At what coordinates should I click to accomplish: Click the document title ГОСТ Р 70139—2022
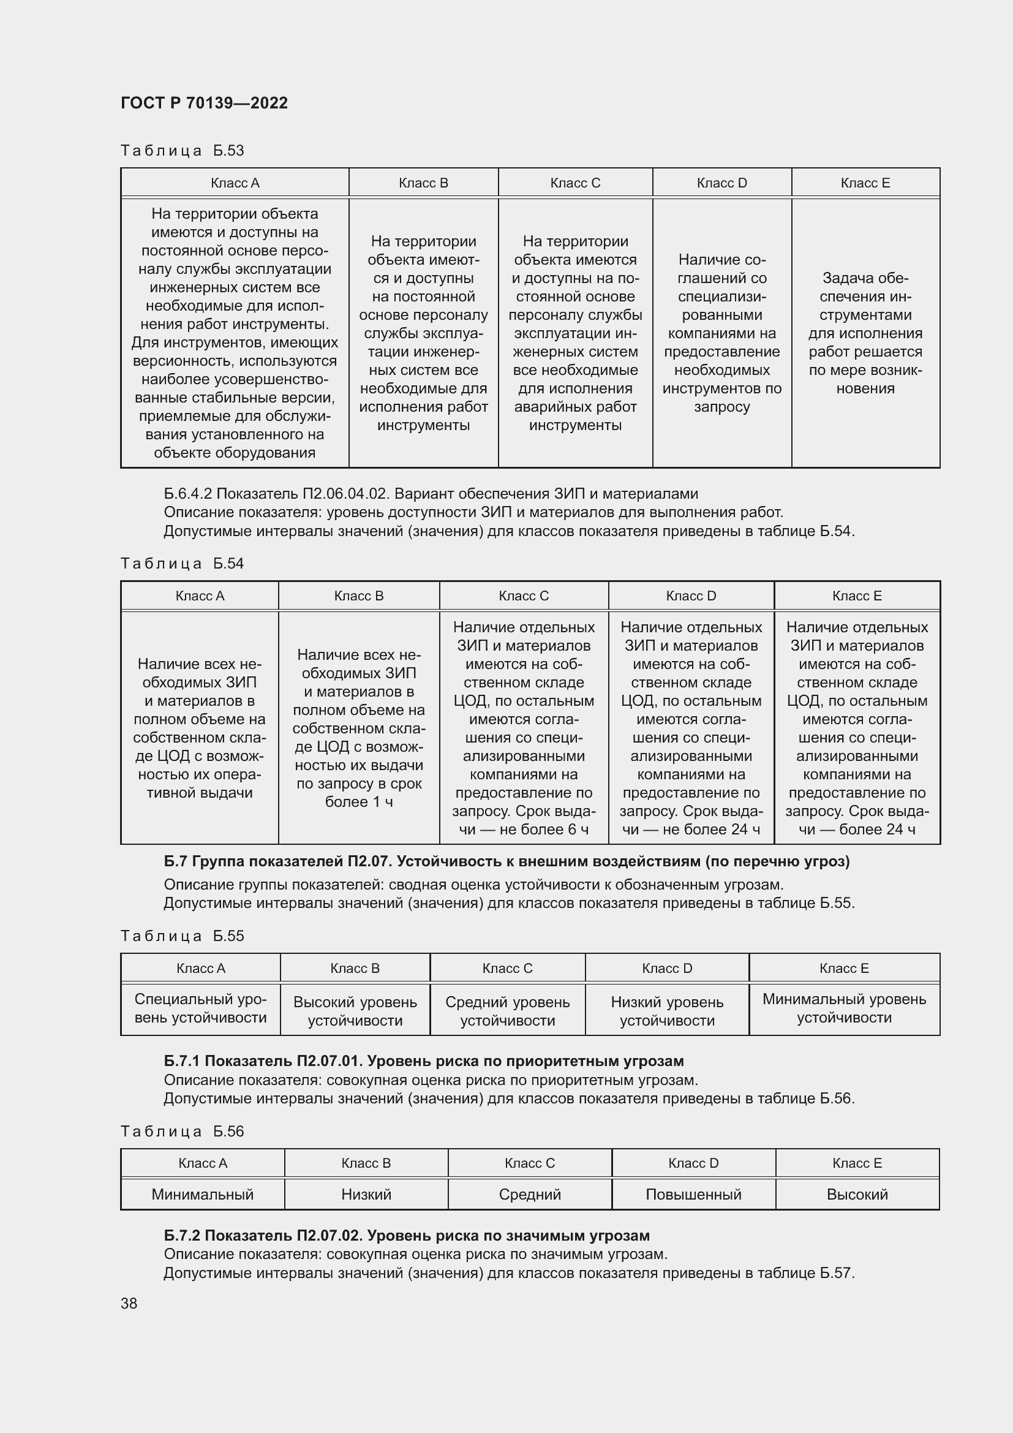(x=204, y=103)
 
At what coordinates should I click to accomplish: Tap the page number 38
(x=129, y=1303)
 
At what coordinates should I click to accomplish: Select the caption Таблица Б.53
(x=182, y=151)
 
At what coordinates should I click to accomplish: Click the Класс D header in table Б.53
(x=721, y=183)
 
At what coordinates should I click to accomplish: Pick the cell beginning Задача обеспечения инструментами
(x=865, y=333)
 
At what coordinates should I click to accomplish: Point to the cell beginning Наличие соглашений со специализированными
(x=721, y=333)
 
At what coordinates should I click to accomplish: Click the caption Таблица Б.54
(x=182, y=564)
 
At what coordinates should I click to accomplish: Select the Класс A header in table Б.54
(x=200, y=596)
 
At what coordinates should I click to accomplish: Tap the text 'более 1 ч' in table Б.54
(x=359, y=802)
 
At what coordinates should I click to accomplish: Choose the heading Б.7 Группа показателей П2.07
(x=506, y=861)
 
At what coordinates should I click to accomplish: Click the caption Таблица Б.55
(x=182, y=936)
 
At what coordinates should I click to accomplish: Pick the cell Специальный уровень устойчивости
(x=200, y=1008)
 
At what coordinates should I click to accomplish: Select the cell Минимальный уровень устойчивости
(x=844, y=1008)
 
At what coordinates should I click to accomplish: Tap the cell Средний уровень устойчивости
(x=507, y=1011)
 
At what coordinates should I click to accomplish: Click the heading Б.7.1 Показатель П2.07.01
(x=424, y=1061)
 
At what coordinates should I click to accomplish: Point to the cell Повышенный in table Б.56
(x=693, y=1195)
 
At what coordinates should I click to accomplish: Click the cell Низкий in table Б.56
(x=366, y=1195)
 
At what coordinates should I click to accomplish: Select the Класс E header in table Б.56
(x=857, y=1163)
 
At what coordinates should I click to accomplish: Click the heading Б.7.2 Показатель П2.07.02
(x=406, y=1236)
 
